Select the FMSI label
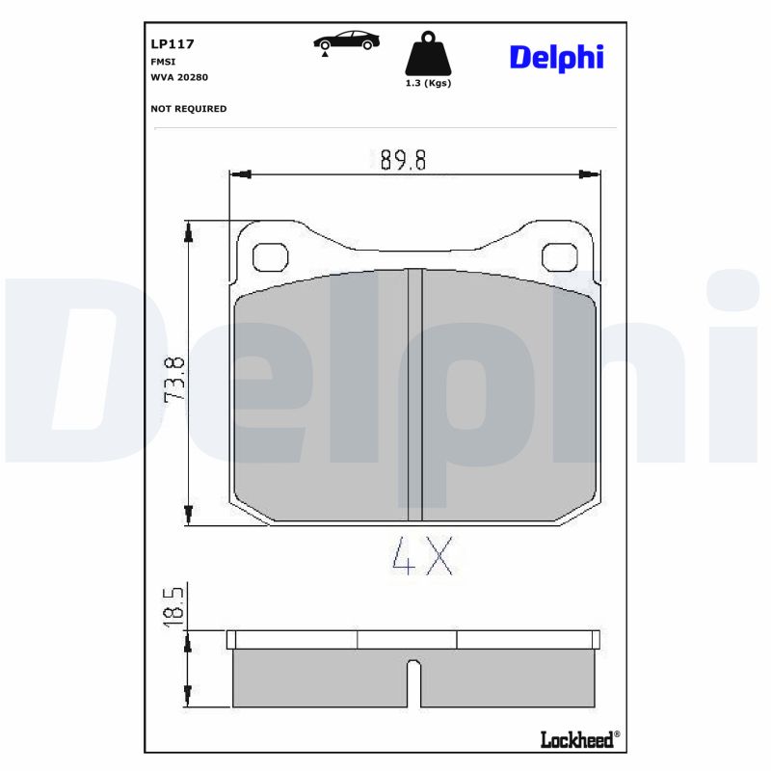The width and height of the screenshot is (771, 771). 162,60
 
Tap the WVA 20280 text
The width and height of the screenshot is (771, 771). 179,76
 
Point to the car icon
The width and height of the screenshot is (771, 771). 346,41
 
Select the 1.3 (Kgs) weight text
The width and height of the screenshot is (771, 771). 428,84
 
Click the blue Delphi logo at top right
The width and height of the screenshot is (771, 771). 556,57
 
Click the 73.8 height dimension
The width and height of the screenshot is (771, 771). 174,378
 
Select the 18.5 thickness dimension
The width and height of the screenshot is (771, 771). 174,606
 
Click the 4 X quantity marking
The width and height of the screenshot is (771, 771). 422,556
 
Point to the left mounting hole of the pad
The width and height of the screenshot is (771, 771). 269,257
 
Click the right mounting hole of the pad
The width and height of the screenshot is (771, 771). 559,257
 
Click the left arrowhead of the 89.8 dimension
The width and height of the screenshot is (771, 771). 238,174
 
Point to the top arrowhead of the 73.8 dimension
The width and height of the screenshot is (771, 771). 189,230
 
